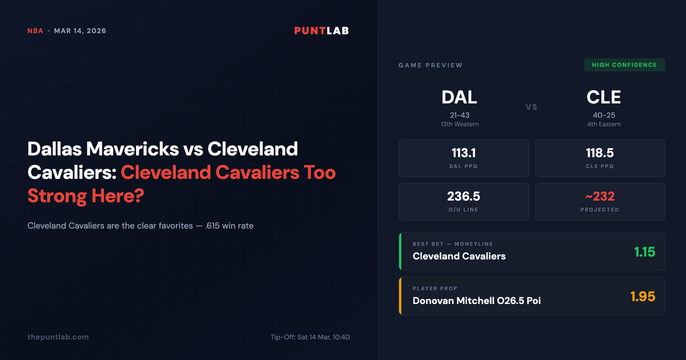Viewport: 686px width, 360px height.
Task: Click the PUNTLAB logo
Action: [321, 31]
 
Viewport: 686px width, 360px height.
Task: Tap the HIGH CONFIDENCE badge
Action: [624, 65]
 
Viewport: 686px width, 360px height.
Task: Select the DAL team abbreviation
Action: [459, 98]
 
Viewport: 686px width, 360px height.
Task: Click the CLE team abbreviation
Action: [604, 98]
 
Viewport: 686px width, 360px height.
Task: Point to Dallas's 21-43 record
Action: [459, 115]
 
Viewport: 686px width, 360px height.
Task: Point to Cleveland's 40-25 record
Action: [604, 115]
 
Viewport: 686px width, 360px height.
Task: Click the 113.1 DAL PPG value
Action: [463, 153]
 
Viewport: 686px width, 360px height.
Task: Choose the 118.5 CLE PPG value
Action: [600, 153]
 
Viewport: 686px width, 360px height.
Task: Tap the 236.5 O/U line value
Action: [463, 197]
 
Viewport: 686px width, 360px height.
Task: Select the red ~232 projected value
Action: [600, 197]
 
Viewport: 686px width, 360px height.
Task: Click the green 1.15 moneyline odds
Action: [644, 251]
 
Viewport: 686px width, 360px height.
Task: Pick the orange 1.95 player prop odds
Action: [643, 297]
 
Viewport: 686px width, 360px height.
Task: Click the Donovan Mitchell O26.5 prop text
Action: [476, 301]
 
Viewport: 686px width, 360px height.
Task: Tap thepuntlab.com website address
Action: [58, 337]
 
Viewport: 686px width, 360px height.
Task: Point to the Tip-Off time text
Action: [310, 337]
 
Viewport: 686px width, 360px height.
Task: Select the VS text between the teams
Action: [531, 107]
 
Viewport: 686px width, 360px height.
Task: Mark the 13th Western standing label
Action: [459, 124]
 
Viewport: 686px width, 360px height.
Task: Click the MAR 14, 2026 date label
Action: [80, 31]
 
